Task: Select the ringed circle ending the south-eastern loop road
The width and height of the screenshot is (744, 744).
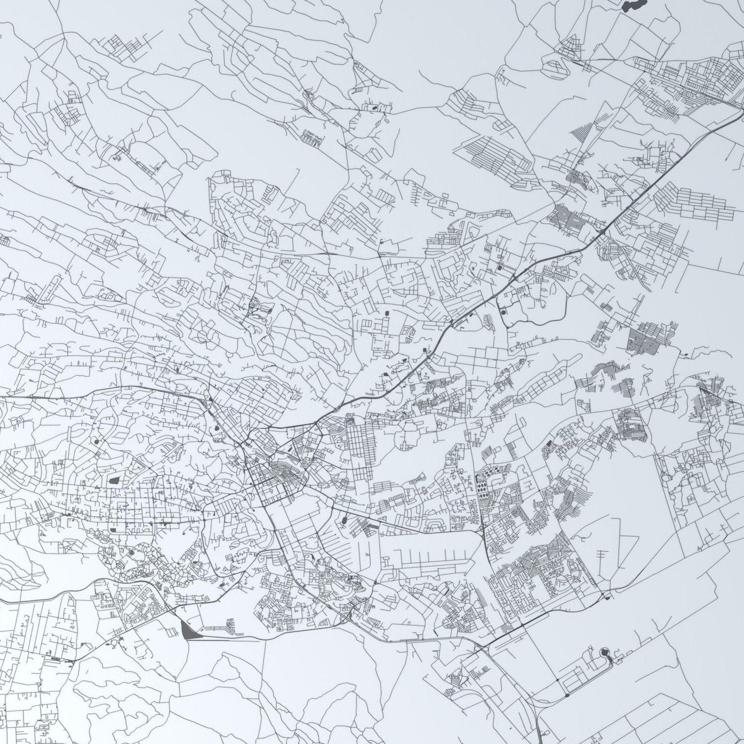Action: [x=605, y=652]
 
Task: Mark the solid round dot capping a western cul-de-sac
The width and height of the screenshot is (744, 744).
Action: [x=95, y=440]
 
